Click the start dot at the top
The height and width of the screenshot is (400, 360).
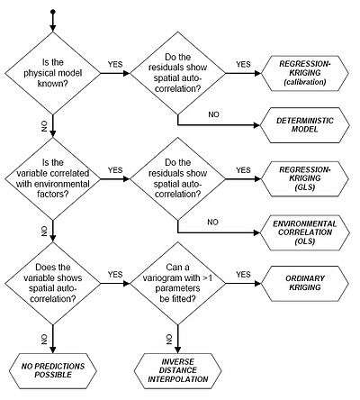53,12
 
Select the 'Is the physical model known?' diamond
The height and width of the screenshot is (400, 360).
53,73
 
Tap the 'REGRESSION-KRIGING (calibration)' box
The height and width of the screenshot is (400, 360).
305,73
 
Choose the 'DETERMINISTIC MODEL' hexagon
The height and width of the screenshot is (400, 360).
305,125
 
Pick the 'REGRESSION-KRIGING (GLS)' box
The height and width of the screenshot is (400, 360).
305,178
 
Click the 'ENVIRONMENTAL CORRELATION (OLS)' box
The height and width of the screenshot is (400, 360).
305,232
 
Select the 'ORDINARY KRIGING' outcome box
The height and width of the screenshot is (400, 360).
305,283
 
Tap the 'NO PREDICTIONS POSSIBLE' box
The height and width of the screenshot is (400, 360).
53,371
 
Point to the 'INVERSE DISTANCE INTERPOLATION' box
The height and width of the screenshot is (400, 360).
178,371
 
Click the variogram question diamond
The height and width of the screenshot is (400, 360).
178,283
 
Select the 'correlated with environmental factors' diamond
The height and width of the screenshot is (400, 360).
53,178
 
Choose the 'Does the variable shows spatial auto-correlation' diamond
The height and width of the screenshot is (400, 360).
53,283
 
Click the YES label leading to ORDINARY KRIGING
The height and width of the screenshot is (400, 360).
243,275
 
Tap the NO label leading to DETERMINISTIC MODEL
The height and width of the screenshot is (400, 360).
213,114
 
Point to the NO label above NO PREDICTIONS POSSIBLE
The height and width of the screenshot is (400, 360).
44,340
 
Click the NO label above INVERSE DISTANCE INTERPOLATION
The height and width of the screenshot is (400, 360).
169,340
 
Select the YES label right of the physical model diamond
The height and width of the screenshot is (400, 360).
115,64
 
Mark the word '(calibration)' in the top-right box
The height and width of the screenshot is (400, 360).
305,82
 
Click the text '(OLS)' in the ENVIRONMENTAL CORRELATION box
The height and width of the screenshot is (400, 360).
305,241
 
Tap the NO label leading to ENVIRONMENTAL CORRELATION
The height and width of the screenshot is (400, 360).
212,222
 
